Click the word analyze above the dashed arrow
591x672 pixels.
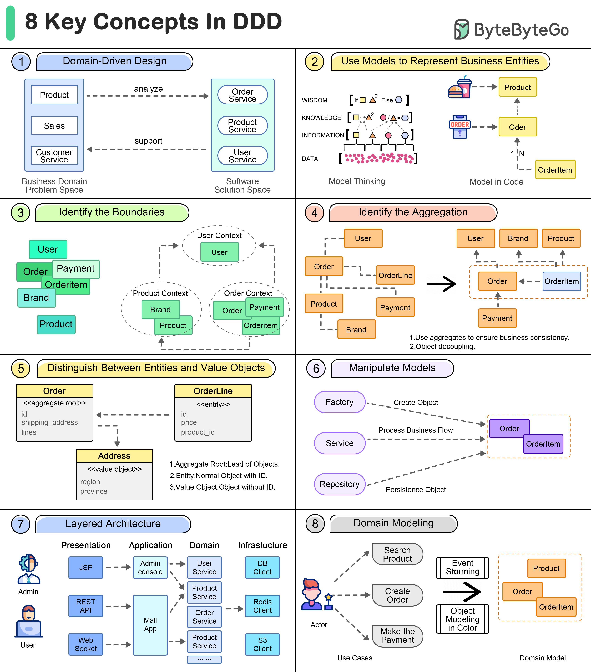coord(148,89)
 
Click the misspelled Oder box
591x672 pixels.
coord(518,127)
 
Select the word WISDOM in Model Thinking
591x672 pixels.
coord(314,100)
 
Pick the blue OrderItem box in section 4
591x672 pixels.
coord(562,281)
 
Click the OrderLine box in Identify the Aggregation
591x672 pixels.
coord(395,275)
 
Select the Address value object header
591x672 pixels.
coord(114,456)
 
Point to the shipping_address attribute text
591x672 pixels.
coord(50,422)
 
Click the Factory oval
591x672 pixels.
coord(340,402)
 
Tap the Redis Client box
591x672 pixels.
coord(262,606)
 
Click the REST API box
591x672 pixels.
coord(86,606)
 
